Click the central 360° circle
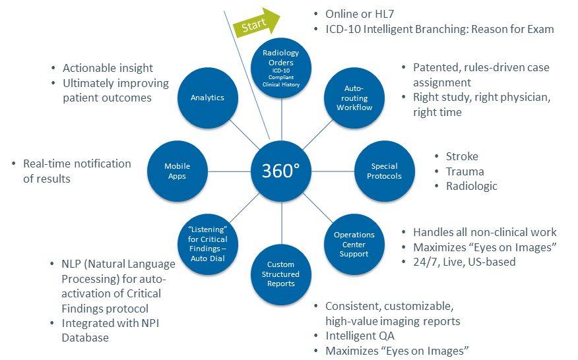[x=282, y=171]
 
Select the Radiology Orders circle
[x=281, y=68]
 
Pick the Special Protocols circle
[x=386, y=171]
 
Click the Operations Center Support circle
[x=354, y=245]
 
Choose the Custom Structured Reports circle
[x=281, y=274]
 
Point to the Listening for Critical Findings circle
[x=208, y=245]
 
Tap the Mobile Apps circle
[x=177, y=171]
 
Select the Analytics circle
[x=207, y=98]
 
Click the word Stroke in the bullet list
[x=462, y=157]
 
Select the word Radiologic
[x=472, y=186]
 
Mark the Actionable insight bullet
[x=108, y=68]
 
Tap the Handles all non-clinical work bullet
[x=485, y=232]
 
